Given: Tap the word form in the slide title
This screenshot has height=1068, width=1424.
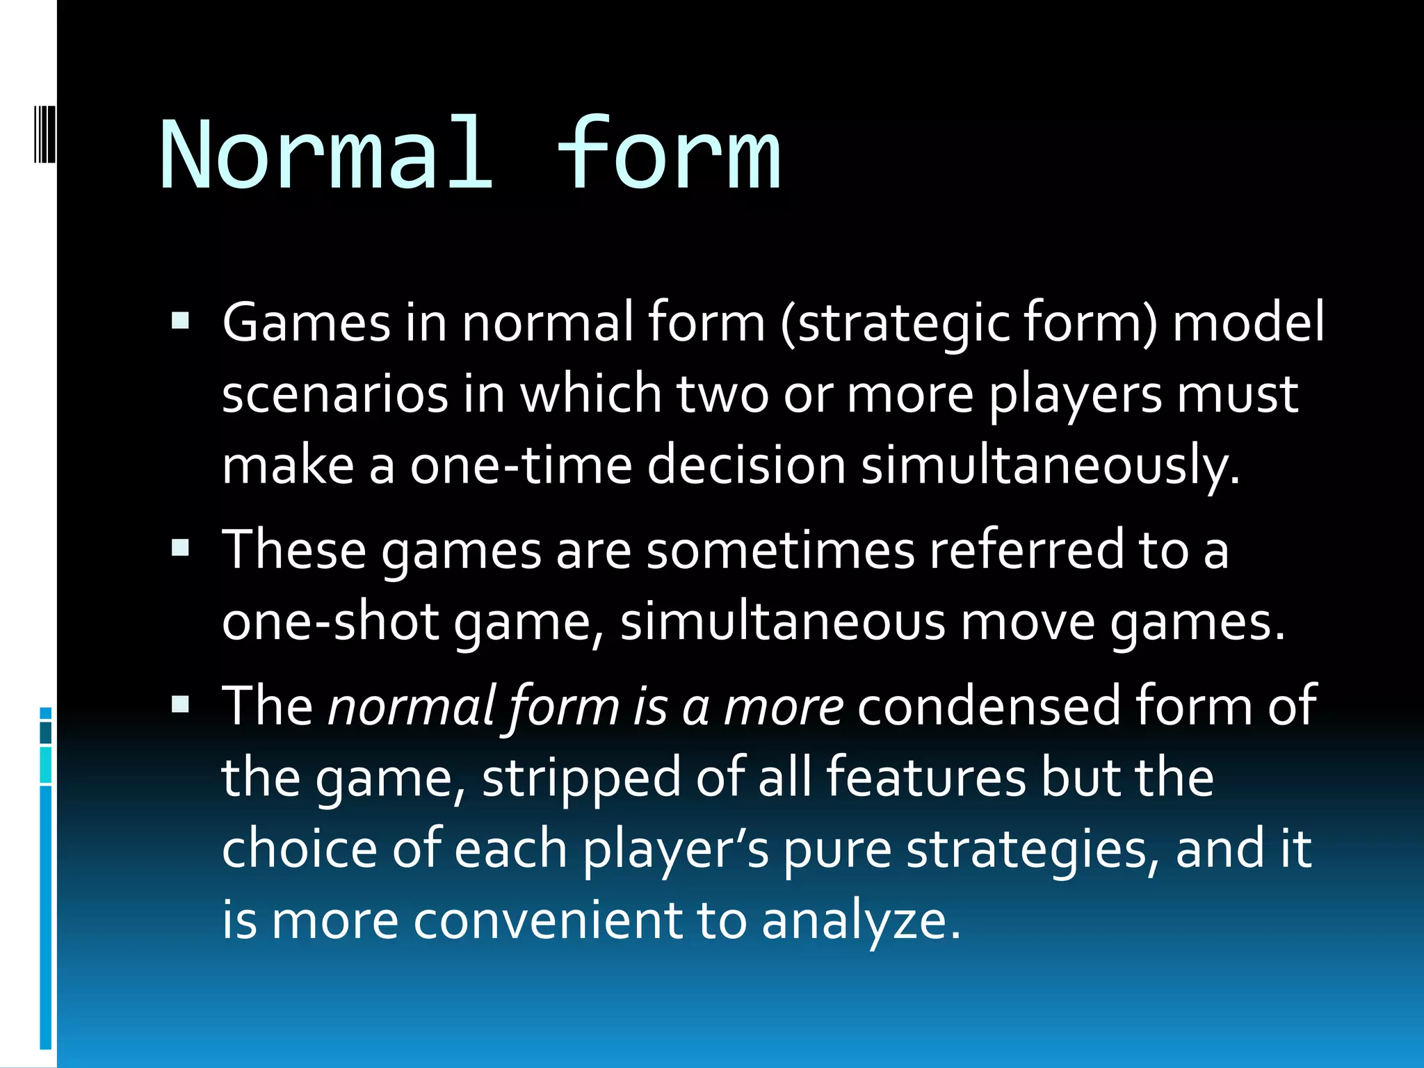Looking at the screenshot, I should coord(669,154).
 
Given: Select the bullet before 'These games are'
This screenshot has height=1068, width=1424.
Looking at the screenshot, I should coord(180,549).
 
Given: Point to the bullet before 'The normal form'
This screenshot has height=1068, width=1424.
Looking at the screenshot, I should coord(180,705).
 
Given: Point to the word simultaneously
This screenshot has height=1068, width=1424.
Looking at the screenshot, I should coord(1050,465).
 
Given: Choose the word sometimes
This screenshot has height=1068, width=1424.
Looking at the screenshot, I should coord(780,550).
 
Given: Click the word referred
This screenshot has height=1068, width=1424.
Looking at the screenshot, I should coord(1026,550).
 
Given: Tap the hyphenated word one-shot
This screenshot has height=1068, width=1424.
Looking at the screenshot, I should coord(330,621).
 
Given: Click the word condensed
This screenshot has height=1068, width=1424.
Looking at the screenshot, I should coord(989,706).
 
